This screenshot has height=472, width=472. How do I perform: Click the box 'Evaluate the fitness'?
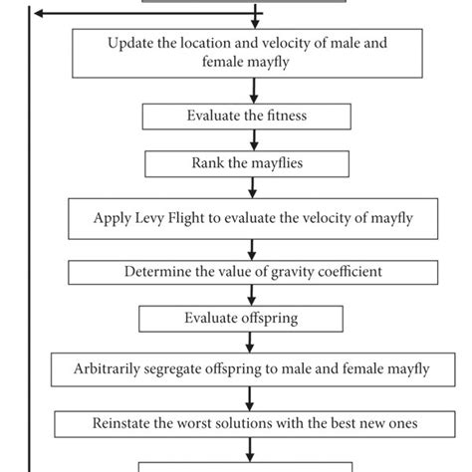point(246,117)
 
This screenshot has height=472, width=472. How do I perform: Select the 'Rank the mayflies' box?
point(247,163)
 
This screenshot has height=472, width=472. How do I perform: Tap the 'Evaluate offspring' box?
point(246,319)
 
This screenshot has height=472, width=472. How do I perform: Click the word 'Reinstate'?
point(128,422)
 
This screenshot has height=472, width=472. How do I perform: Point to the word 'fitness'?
point(283,117)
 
